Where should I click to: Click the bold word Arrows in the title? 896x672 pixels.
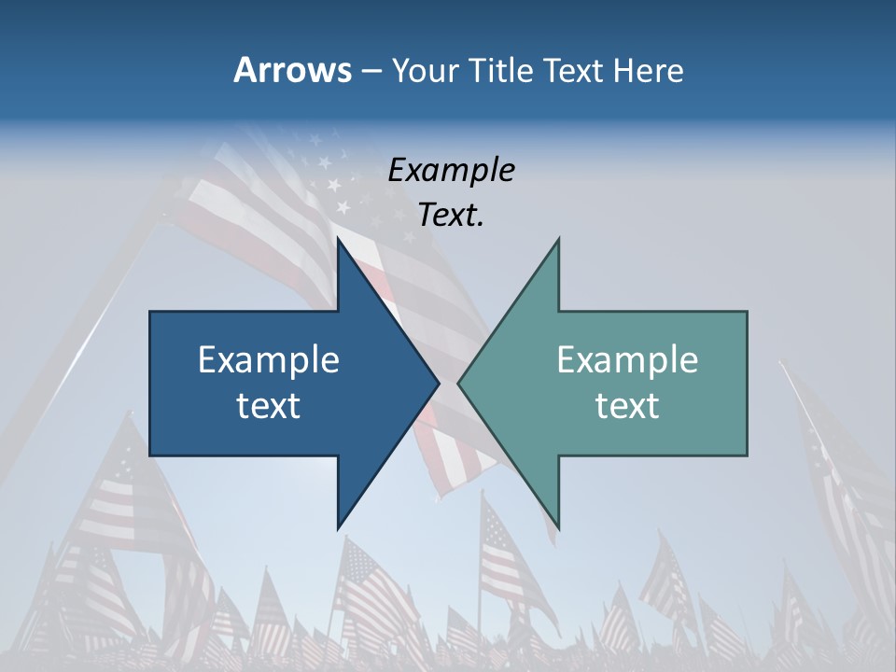point(291,70)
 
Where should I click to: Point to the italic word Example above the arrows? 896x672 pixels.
point(451,170)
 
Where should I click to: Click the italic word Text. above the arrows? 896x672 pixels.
point(451,216)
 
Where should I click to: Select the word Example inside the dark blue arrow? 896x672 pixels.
point(269,360)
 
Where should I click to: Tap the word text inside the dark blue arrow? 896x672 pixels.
point(269,405)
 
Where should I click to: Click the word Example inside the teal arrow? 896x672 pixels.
point(627,360)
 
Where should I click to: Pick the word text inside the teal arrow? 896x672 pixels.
point(627,405)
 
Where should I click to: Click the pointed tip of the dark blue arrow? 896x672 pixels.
point(438,383)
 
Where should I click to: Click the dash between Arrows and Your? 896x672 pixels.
point(371,72)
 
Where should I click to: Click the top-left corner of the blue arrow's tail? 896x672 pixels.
point(151,313)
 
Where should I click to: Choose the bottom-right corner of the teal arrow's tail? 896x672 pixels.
point(746,455)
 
